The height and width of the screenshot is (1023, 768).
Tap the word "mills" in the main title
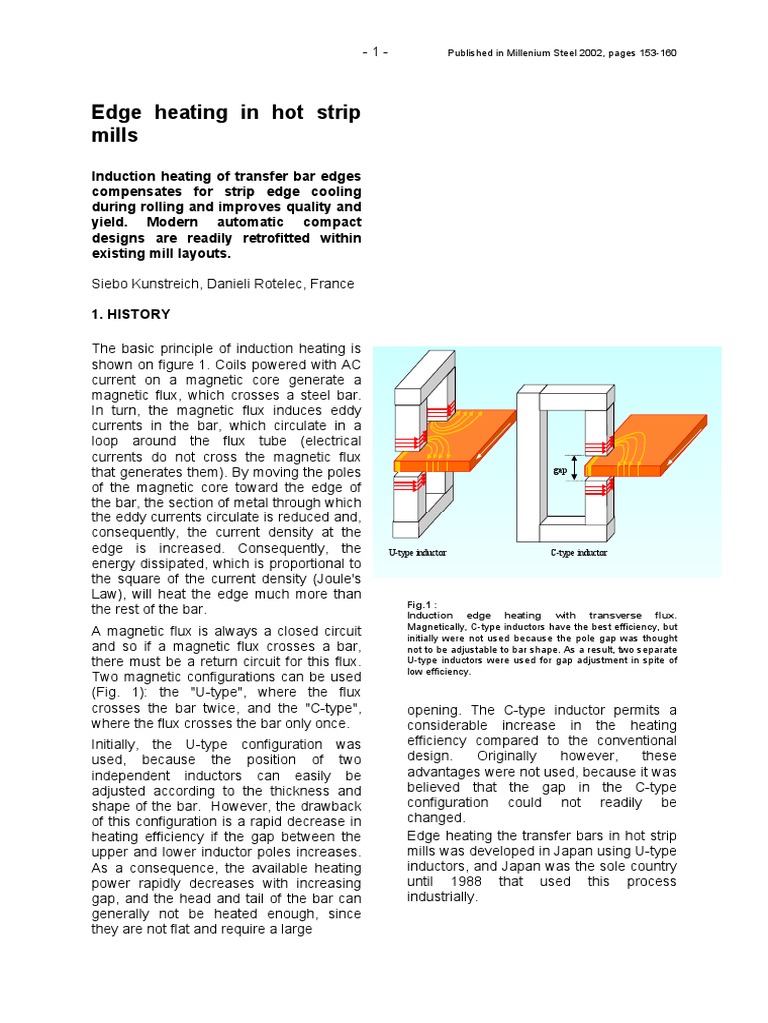click(115, 135)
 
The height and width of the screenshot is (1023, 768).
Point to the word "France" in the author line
click(331, 284)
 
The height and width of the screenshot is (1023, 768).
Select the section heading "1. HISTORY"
click(131, 314)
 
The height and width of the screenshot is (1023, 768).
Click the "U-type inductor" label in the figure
click(417, 553)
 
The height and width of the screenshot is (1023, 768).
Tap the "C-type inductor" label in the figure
click(578, 553)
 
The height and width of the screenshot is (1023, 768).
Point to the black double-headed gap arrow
click(574, 467)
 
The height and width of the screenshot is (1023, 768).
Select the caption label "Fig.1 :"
click(422, 605)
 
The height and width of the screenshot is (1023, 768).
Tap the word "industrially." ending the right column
click(443, 896)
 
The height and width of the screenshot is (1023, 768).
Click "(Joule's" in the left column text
click(334, 579)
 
